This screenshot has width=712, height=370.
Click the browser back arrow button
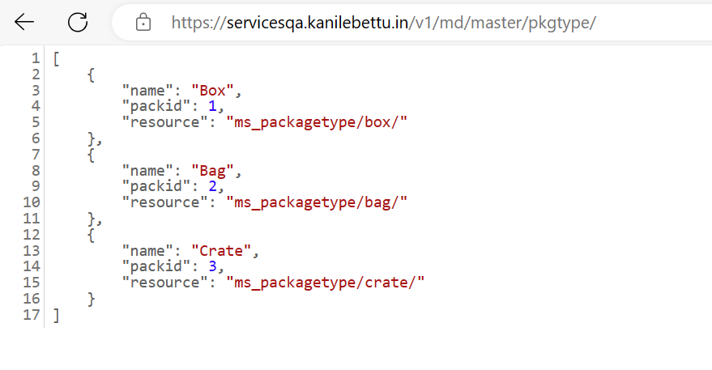pos(24,22)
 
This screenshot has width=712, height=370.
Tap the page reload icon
pos(78,22)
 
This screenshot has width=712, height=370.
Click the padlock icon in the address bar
pos(143,22)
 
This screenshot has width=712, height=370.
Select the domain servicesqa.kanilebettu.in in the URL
pos(318,22)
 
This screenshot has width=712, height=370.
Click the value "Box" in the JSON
pos(212,91)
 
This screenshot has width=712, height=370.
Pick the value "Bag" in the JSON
pos(212,171)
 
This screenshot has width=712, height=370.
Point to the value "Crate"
pos(221,251)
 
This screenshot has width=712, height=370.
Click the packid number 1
pos(212,106)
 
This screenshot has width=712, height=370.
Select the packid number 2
pos(212,186)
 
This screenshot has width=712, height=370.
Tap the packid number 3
pos(212,266)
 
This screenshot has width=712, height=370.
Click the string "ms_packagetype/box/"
pos(317,122)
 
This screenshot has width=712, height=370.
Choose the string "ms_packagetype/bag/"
pos(317,202)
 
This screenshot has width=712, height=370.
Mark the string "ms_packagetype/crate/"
pos(325,283)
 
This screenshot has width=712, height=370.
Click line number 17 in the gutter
pos(32,315)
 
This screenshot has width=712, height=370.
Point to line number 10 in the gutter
pos(32,202)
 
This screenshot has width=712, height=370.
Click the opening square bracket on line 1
pos(57,58)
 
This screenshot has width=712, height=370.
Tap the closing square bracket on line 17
pos(57,315)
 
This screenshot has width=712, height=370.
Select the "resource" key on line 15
pos(160,283)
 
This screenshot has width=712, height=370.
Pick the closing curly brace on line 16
pos(91,299)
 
